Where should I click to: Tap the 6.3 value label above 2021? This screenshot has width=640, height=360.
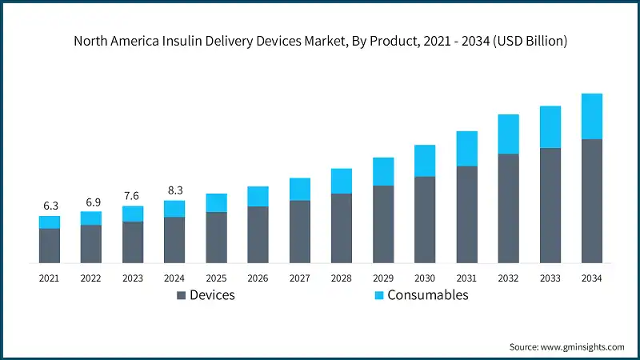[x=50, y=206]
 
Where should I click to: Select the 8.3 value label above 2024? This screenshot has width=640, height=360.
[x=174, y=190]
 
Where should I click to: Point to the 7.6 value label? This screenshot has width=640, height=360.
[x=133, y=196]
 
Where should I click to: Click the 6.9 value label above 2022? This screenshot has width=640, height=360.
[x=91, y=201]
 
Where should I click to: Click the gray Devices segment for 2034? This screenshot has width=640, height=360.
[x=591, y=202]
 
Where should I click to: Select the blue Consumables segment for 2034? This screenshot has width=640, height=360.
[x=591, y=116]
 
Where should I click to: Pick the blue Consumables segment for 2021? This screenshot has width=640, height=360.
[x=50, y=222]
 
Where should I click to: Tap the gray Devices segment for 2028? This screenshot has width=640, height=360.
[x=342, y=229]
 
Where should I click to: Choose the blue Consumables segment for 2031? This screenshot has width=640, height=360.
[x=466, y=149]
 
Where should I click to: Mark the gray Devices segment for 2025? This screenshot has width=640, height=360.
[x=216, y=238]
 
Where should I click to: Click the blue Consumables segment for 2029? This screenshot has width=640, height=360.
[x=383, y=171]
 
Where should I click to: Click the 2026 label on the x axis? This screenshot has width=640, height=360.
[x=258, y=278]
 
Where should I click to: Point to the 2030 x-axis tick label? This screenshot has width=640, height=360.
[x=425, y=278]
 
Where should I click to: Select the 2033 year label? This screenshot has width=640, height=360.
[x=550, y=278]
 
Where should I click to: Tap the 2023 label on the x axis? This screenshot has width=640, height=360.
[x=133, y=278]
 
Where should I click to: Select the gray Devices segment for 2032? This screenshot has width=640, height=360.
[x=508, y=209]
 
